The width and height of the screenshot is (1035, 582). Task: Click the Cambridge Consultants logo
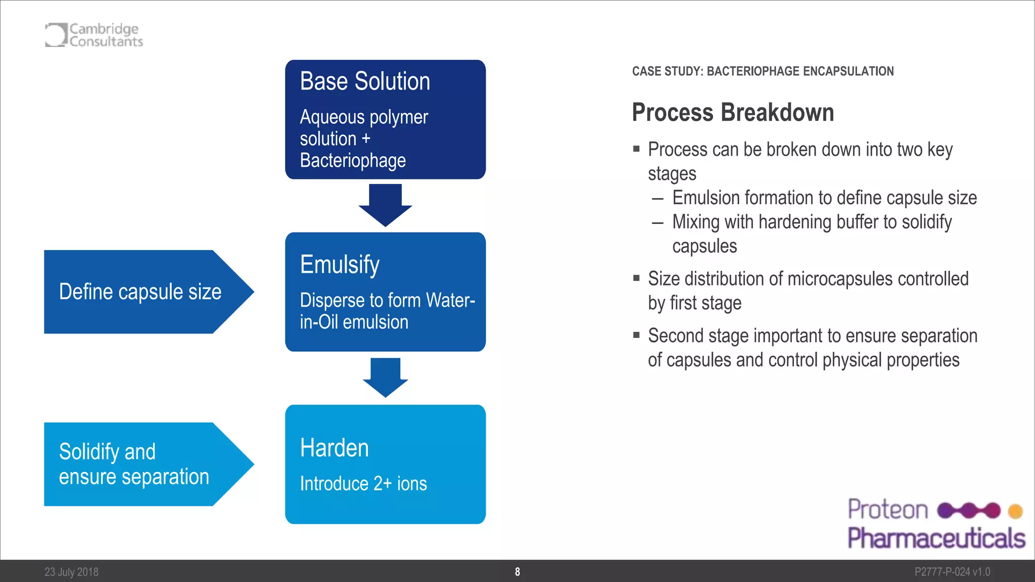(94, 35)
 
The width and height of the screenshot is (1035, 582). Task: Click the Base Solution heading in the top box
(365, 81)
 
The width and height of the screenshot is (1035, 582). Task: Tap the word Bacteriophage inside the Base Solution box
(353, 161)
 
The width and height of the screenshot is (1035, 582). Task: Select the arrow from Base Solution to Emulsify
(385, 205)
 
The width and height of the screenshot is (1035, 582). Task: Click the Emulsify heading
(340, 264)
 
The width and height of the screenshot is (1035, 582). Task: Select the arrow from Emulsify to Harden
(385, 377)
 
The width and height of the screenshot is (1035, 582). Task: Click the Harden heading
(334, 448)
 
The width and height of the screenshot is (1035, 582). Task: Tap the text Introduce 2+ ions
(363, 484)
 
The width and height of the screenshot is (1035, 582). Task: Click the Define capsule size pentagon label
(140, 292)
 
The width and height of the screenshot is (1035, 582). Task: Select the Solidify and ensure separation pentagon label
(134, 464)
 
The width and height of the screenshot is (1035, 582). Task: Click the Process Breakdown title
(732, 112)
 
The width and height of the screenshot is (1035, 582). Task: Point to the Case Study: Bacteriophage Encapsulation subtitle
(763, 71)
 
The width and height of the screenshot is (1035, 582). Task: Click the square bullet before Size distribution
(636, 278)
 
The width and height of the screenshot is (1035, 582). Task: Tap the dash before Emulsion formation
(657, 199)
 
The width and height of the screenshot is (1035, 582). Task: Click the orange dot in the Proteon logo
(1015, 511)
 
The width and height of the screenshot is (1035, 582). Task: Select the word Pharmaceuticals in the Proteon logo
(936, 538)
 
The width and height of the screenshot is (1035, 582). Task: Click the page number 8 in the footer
(517, 572)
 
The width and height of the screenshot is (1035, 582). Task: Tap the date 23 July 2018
(71, 572)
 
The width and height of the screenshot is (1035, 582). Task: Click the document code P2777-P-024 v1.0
(952, 572)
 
